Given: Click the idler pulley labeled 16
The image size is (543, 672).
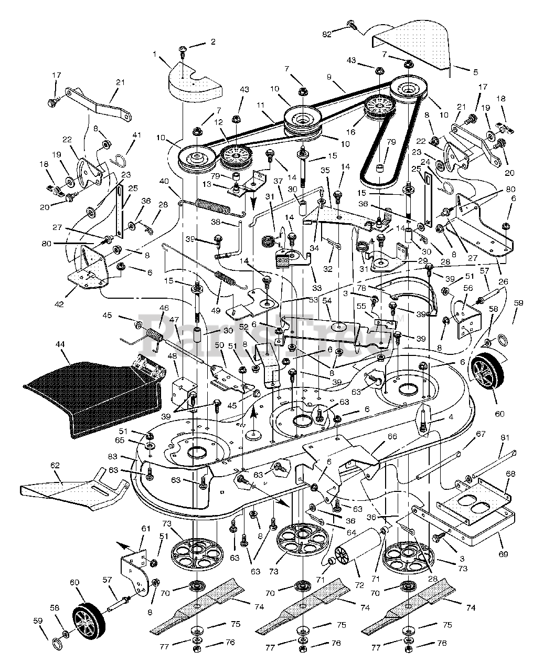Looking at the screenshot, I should point(379,108).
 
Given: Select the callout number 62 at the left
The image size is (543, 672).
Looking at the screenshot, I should point(55,466).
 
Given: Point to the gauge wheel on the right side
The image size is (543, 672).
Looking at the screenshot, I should point(485,375).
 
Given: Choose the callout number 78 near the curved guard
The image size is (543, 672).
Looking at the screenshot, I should point(375,288).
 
